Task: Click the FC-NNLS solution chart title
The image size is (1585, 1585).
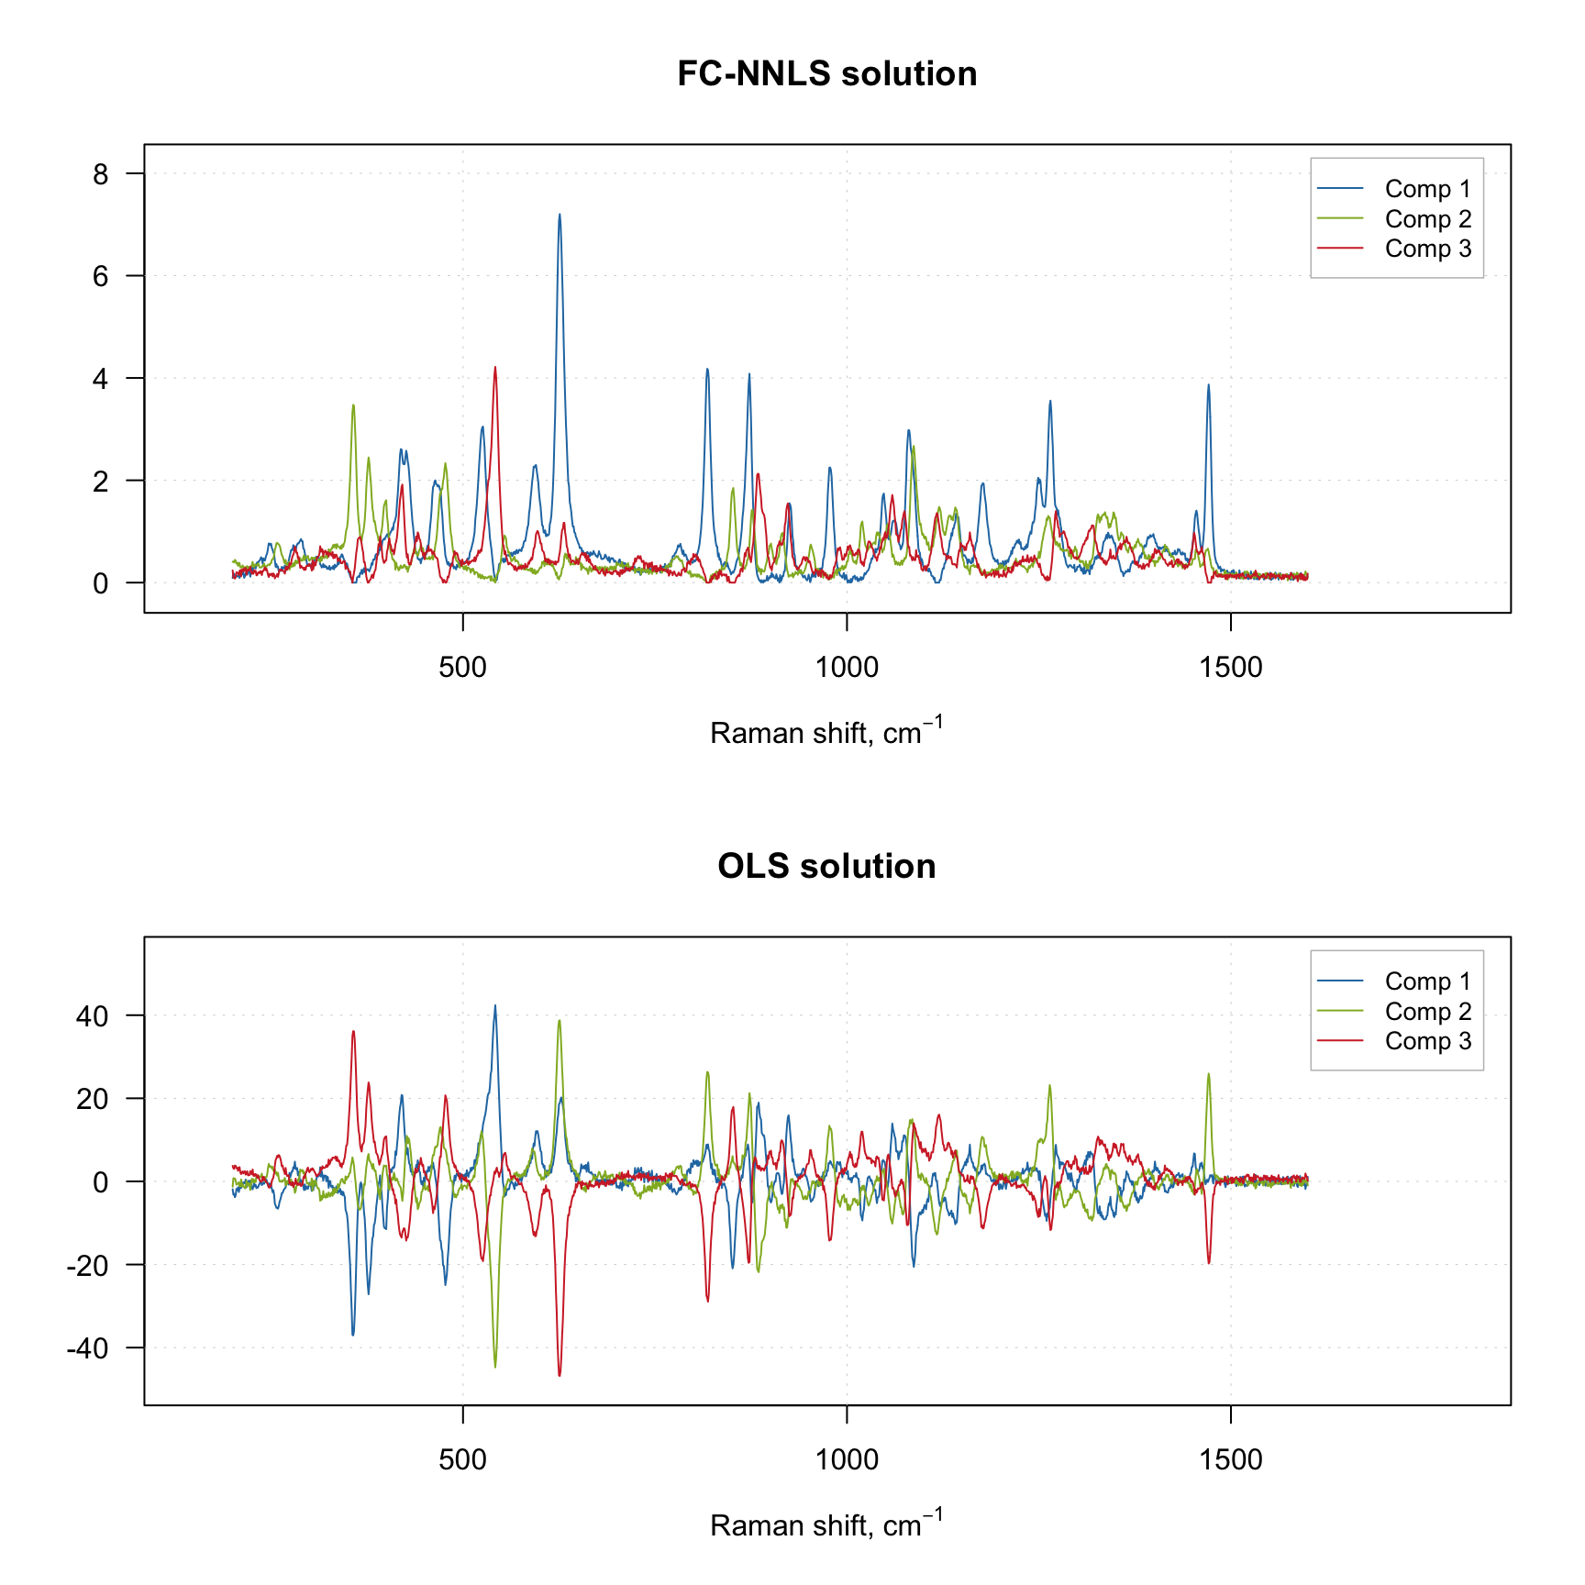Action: point(826,74)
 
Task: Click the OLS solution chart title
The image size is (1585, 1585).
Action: point(826,867)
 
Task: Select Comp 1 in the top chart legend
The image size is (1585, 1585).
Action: point(1427,189)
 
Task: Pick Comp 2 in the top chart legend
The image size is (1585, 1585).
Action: point(1427,219)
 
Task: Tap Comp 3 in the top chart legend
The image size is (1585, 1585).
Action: point(1427,249)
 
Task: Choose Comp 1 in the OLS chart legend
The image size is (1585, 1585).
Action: point(1427,981)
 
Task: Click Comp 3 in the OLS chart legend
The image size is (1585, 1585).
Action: point(1427,1041)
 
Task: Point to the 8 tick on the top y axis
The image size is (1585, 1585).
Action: point(101,174)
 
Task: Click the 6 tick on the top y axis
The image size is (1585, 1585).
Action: point(101,276)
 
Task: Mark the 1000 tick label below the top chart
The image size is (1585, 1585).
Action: point(847,667)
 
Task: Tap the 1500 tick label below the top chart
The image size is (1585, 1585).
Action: point(1231,667)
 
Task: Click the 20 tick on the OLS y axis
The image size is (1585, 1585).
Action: point(93,1099)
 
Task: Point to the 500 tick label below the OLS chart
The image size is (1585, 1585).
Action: point(462,1459)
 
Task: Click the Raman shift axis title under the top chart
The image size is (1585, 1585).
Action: point(826,733)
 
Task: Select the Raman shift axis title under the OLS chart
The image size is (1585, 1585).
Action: point(826,1525)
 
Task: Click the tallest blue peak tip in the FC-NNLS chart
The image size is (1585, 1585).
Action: point(560,215)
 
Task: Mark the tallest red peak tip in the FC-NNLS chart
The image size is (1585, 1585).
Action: point(495,368)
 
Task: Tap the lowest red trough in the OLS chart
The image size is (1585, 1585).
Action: point(560,1375)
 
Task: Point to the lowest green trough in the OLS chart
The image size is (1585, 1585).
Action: point(495,1367)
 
